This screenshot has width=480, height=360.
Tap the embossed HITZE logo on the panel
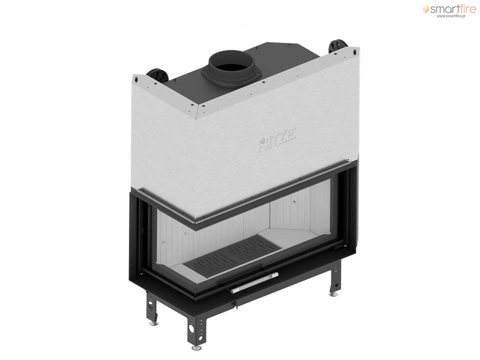coord(277,140)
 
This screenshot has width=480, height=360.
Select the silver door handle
coord(255,282)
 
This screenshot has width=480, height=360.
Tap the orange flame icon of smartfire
coord(426,9)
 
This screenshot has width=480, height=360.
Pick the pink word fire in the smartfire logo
coord(466,9)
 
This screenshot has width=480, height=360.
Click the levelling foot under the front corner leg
coord(195,348)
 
